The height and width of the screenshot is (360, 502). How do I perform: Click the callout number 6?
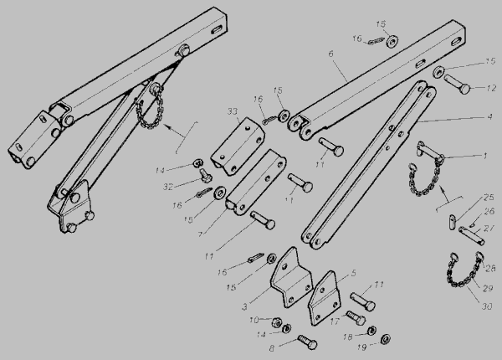(x=330, y=54)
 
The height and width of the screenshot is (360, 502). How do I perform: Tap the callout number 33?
(x=233, y=111)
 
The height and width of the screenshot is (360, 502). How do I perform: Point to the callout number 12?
(x=491, y=88)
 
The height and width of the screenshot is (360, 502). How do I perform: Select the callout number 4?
(x=489, y=116)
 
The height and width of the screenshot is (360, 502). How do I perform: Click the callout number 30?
(x=487, y=306)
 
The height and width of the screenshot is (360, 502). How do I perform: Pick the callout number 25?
(x=489, y=198)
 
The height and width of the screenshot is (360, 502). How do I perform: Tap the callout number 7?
(x=200, y=234)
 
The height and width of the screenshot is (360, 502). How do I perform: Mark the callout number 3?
(x=244, y=306)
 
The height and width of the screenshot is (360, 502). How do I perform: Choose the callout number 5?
(x=353, y=273)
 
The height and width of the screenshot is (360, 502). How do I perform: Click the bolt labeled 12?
(x=457, y=84)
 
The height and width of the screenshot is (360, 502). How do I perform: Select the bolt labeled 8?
(x=307, y=342)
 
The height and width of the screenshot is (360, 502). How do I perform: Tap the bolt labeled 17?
(x=356, y=317)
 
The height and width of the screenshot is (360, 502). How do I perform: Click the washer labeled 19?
(x=386, y=339)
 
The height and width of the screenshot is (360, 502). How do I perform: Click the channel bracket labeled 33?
(x=238, y=147)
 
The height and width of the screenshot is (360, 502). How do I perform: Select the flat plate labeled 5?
(x=324, y=298)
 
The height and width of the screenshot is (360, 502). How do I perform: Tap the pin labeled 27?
(x=471, y=235)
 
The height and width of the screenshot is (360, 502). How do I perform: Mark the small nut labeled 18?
(x=371, y=331)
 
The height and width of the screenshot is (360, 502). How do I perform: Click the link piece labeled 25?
(x=452, y=222)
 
